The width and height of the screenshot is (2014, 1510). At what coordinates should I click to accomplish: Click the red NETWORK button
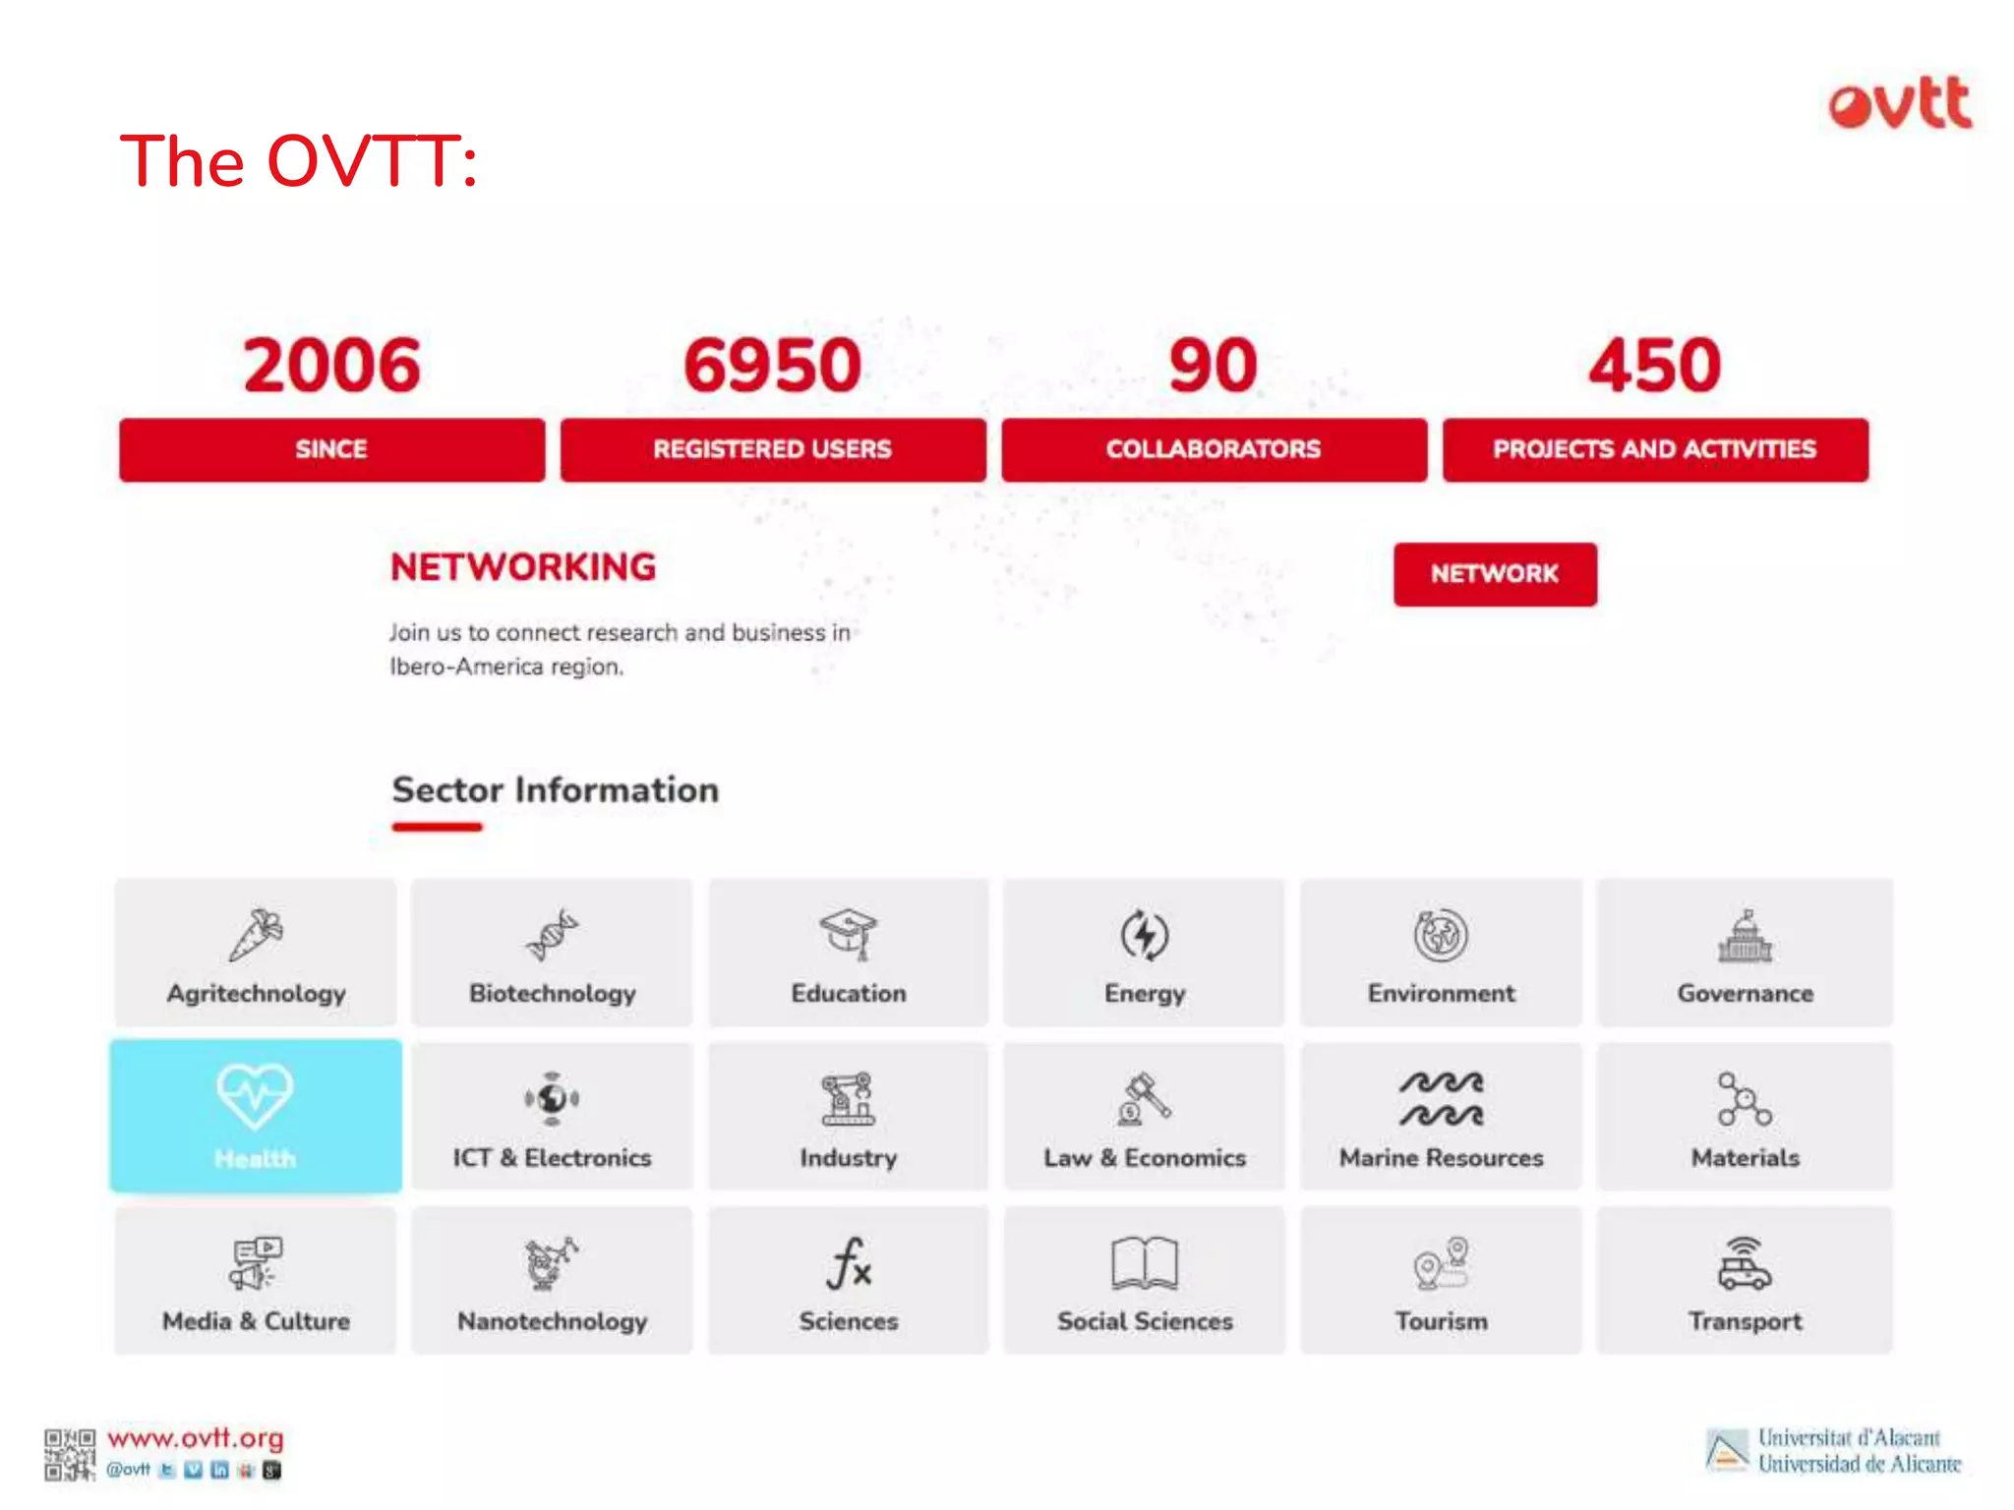(x=1494, y=574)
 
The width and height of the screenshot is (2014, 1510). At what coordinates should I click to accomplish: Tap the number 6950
(x=772, y=365)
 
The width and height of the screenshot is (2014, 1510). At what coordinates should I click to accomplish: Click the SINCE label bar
(x=331, y=449)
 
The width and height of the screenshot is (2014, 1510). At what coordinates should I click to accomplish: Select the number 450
(x=1654, y=365)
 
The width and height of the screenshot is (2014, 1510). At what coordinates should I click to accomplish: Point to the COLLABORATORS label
(x=1213, y=449)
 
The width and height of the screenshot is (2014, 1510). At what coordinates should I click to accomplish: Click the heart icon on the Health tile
(x=255, y=1095)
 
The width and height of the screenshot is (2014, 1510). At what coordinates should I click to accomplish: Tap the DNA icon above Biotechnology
(x=552, y=934)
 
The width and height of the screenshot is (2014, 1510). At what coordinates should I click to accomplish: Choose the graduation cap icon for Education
(x=848, y=933)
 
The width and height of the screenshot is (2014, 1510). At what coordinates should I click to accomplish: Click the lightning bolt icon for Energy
(x=1145, y=935)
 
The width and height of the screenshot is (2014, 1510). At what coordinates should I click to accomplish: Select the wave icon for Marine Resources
(x=1441, y=1098)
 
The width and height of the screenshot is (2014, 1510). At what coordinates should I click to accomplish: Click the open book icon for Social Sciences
(x=1144, y=1263)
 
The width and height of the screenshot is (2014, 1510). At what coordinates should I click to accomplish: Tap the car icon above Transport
(x=1745, y=1264)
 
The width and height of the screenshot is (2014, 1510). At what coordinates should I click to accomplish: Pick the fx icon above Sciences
(x=849, y=1263)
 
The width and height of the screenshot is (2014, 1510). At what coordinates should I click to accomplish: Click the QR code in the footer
(x=69, y=1455)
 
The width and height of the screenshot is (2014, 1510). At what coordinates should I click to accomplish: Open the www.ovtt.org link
(x=195, y=1438)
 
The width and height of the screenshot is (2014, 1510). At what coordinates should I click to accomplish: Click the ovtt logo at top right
(x=1900, y=103)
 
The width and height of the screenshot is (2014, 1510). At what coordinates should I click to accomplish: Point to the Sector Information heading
(x=555, y=790)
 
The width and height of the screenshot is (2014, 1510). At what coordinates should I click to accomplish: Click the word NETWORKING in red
(x=523, y=567)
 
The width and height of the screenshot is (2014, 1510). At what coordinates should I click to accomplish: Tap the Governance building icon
(x=1745, y=937)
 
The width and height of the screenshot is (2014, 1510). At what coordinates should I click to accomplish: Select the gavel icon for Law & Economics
(x=1145, y=1098)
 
